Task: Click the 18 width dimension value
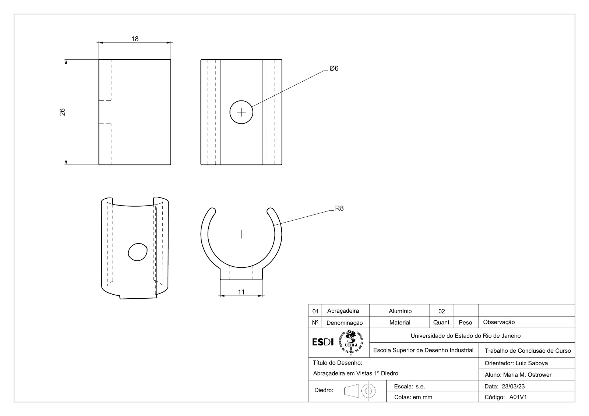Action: (135, 39)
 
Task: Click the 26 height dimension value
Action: (62, 112)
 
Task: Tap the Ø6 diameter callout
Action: (334, 68)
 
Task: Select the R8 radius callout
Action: (339, 209)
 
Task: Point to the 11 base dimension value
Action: (241, 292)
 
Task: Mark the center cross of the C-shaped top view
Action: (241, 234)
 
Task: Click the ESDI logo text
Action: (323, 342)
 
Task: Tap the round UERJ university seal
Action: (351, 342)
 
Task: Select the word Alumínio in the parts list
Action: (400, 311)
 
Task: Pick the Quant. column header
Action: (442, 323)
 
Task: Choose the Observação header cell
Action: (499, 322)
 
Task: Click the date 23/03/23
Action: (513, 387)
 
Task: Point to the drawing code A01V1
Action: (518, 397)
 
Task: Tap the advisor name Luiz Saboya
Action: (532, 363)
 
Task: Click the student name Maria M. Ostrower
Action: (527, 375)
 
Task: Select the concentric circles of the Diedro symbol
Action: (368, 391)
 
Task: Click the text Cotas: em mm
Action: (413, 397)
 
